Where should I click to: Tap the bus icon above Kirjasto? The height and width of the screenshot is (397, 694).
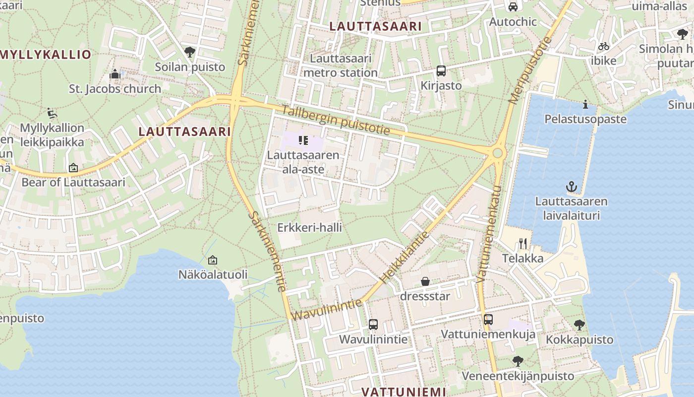pos(441,71)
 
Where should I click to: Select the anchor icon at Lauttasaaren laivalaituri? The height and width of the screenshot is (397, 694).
pos(572,187)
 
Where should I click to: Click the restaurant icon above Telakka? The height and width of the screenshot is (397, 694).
pos(522,243)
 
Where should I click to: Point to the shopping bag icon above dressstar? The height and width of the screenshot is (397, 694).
pos(425,282)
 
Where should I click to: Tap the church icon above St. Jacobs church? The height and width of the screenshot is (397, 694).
pos(115,74)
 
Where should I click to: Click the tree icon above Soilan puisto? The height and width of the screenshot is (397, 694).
pos(189,52)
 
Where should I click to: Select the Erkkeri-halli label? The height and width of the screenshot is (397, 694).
pos(309,228)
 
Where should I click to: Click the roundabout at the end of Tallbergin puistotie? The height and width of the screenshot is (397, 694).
pos(498,153)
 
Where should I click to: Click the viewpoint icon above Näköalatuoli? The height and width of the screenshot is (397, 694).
pos(212,260)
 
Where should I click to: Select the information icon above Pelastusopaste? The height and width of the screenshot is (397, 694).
pos(585,104)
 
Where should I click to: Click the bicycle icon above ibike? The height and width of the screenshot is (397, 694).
pos(603,46)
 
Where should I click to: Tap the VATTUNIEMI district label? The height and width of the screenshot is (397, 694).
pos(404,392)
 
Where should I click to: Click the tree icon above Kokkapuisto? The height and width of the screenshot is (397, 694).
pos(579,325)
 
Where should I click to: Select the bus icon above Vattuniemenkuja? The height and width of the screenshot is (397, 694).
pos(488,320)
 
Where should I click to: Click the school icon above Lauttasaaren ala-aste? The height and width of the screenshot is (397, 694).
pos(303,140)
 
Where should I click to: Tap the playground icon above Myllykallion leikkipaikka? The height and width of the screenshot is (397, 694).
pos(52,113)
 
